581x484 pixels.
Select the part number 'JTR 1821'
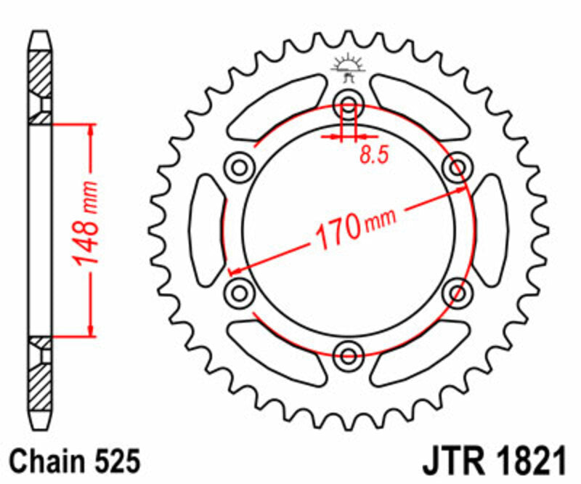pos(492,461)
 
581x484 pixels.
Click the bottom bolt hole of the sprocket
pos(349,355)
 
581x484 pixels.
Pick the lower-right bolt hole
pos(458,293)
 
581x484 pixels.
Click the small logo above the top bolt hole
pos(348,67)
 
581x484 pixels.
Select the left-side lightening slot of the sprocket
pos(208,230)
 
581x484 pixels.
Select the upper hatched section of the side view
pos(41,73)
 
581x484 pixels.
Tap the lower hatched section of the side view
pos(41,385)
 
